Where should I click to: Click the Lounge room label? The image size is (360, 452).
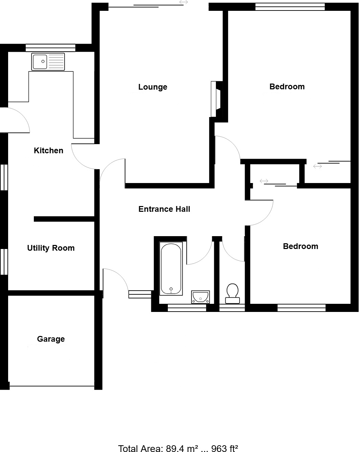(x=153, y=87)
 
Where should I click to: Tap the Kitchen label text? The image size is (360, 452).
(x=48, y=151)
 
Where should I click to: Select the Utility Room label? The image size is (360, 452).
(x=51, y=248)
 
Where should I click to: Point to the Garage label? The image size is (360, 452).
(x=51, y=339)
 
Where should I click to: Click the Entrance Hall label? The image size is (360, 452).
(x=164, y=209)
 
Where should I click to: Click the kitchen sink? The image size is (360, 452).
(x=48, y=62)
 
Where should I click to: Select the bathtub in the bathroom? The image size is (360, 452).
(x=171, y=269)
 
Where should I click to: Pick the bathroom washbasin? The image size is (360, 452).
(x=200, y=297)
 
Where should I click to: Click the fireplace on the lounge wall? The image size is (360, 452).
(x=216, y=99)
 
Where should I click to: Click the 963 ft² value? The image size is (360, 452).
(x=225, y=448)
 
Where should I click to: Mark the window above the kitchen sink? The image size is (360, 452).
(x=50, y=48)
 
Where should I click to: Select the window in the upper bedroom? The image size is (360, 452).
(x=290, y=6)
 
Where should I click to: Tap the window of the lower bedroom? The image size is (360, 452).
(x=301, y=308)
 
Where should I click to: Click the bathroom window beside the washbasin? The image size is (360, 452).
(x=187, y=308)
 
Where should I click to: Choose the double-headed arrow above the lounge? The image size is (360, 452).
(x=183, y=2)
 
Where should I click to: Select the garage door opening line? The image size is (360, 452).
(x=52, y=386)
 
